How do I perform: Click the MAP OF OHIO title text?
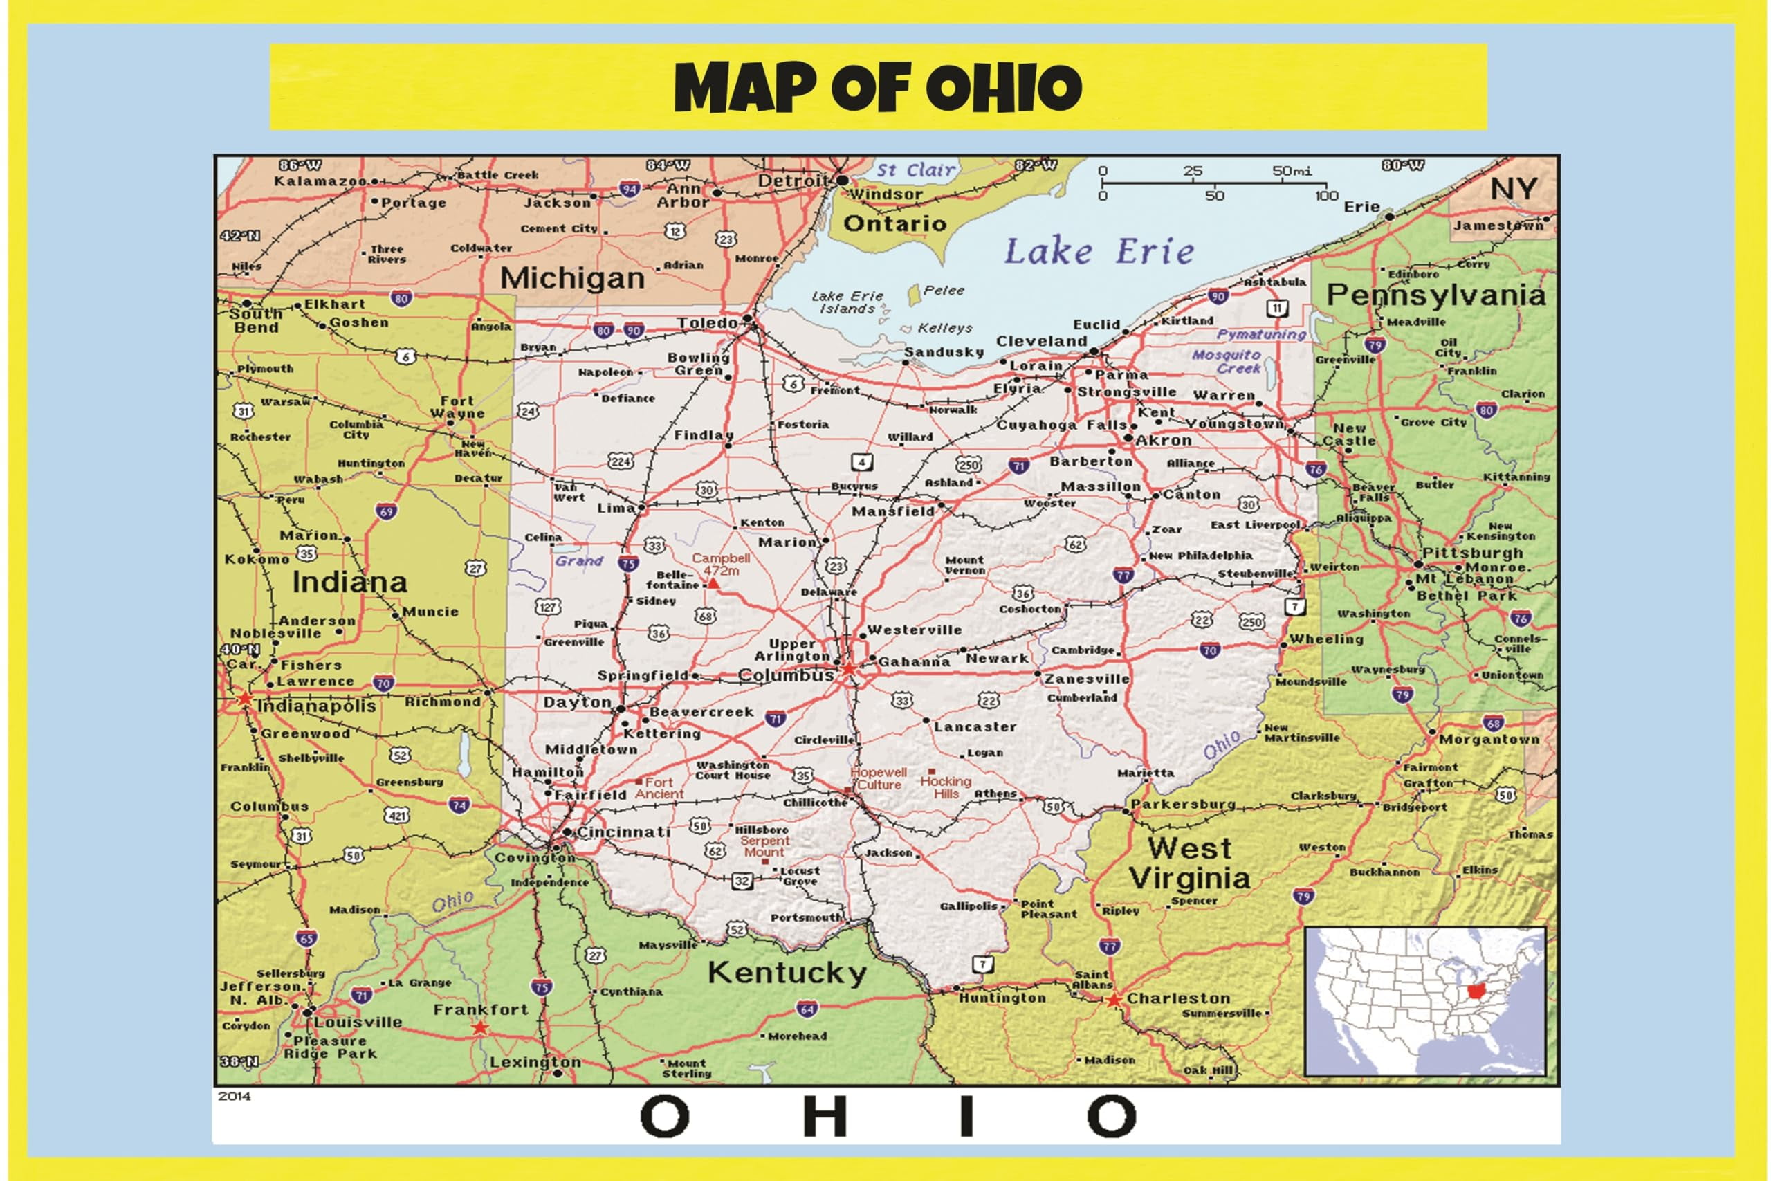click(878, 86)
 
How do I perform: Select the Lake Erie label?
click(1099, 252)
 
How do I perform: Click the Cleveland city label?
click(1041, 341)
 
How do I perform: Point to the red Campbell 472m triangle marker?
click(713, 583)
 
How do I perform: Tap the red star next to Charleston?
click(1114, 1000)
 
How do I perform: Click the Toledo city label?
click(707, 323)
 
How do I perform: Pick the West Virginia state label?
click(1189, 863)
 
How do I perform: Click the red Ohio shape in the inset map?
click(1480, 993)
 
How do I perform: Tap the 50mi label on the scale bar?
click(1292, 171)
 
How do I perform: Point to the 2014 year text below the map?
click(235, 1097)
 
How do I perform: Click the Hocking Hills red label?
click(945, 787)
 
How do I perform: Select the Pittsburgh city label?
click(1472, 553)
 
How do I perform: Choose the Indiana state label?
click(349, 583)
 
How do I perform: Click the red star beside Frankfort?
click(479, 1027)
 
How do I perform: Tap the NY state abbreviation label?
click(1514, 189)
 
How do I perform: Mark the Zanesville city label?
click(1087, 679)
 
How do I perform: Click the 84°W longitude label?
click(667, 165)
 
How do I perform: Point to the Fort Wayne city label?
click(457, 408)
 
